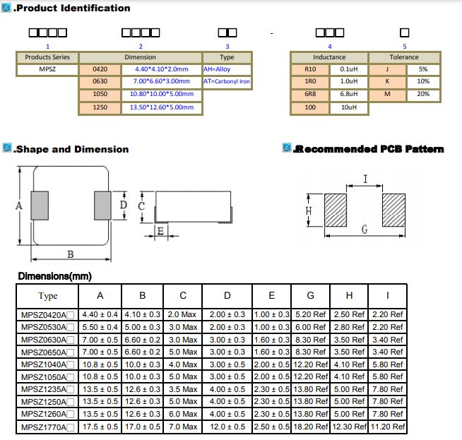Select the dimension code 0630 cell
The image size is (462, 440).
[100, 81]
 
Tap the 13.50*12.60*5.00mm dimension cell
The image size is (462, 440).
[162, 107]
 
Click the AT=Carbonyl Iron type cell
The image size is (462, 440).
[227, 81]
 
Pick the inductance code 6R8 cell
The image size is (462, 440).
[310, 94]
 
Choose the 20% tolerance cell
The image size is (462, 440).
[423, 94]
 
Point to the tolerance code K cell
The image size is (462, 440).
[387, 81]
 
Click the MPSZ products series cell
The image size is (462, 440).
[47, 69]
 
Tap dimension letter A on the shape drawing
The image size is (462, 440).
[19, 206]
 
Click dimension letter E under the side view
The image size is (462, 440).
[160, 231]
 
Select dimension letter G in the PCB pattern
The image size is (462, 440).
[365, 230]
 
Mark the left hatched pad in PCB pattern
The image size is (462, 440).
[336, 210]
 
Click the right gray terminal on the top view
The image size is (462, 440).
[102, 206]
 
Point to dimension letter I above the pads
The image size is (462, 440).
[365, 179]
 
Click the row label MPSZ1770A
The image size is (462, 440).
[43, 427]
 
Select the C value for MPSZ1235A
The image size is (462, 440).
[183, 389]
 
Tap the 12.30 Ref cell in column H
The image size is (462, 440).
[349, 427]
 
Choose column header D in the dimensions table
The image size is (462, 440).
[227, 295]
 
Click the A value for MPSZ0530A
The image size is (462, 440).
[100, 327]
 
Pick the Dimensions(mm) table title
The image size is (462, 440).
[55, 276]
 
